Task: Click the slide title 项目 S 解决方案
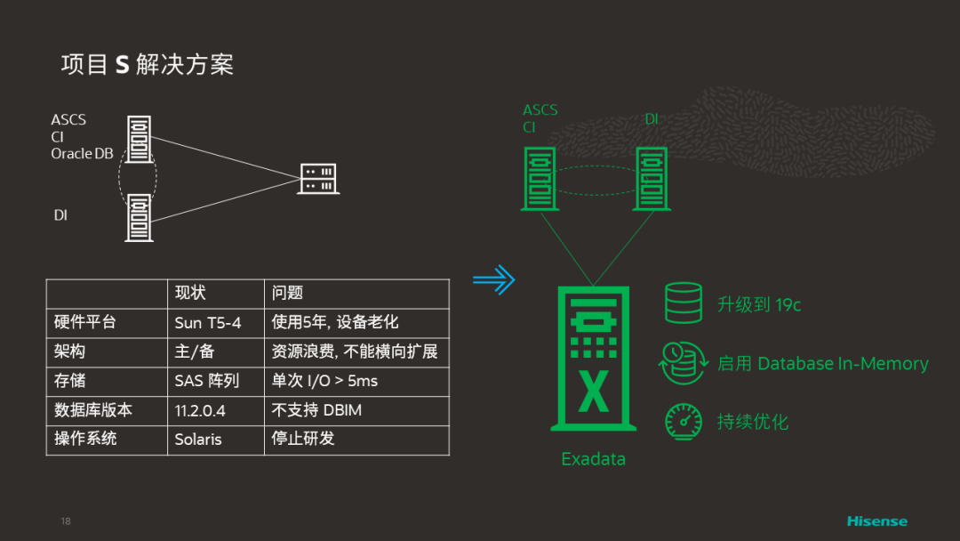coord(147,65)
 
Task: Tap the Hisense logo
coord(876,521)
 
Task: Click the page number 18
coord(66,521)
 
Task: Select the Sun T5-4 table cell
coord(208,323)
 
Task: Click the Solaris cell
coord(198,440)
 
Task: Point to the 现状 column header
coord(190,294)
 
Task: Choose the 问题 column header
coord(287,294)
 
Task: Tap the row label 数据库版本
coord(92,410)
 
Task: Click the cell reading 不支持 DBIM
coord(316,410)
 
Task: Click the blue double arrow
coord(493,280)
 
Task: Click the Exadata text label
coord(593,459)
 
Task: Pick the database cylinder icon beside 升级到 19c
coord(683,303)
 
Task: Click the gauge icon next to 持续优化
coord(683,421)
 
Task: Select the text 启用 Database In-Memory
coord(822,363)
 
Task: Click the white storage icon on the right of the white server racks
coord(318,179)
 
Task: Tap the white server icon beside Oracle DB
coord(138,139)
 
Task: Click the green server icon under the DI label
coord(650,178)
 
